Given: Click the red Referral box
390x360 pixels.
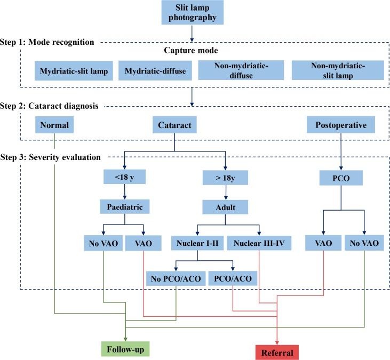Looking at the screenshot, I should point(277,353).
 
